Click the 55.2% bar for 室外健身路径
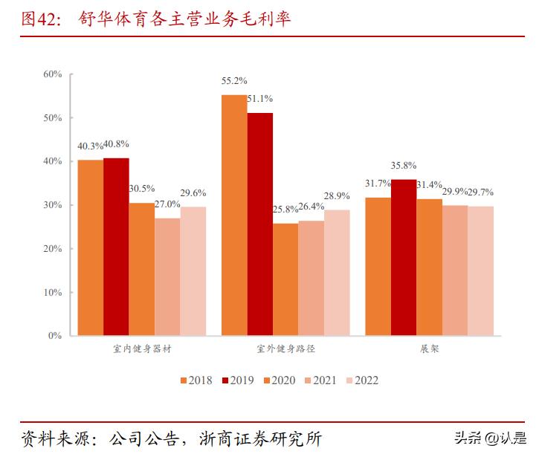coord(234,215)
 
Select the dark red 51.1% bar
coord(259,224)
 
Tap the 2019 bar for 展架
coord(403,257)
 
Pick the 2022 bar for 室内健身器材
coord(193,271)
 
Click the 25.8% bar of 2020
coord(285,279)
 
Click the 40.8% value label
coord(117,144)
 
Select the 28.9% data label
coord(337,195)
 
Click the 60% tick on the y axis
coord(53,74)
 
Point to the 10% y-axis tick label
coord(53,292)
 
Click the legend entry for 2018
coord(196,380)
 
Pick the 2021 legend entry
coord(320,380)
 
